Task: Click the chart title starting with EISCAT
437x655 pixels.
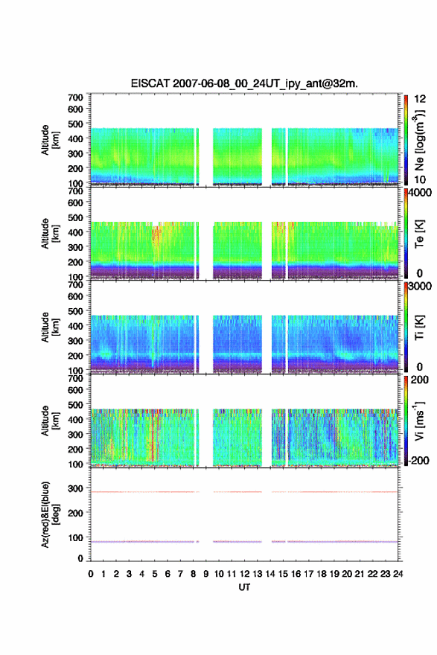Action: (244, 83)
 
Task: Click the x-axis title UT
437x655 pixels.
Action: (244, 587)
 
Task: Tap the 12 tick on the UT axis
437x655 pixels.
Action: (244, 574)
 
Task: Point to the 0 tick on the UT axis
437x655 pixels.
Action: (91, 574)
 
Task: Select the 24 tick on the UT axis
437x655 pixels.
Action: (398, 574)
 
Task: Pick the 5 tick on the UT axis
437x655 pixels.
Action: (155, 574)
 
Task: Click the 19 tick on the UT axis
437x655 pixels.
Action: (334, 574)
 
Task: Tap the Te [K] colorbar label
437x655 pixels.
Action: (419, 234)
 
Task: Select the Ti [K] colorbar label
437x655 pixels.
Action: (419, 327)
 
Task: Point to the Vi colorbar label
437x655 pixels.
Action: (419, 421)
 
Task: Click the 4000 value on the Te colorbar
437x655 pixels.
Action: (420, 194)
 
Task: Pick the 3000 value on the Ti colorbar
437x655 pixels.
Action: (420, 287)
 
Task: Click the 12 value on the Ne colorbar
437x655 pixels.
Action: (420, 99)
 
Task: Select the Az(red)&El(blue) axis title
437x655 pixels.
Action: (49, 514)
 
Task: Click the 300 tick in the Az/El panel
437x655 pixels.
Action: (75, 488)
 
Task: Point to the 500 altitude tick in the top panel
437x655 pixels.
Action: (75, 124)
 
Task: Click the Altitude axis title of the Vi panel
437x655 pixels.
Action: (49, 421)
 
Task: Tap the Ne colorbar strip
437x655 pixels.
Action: (406, 140)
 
